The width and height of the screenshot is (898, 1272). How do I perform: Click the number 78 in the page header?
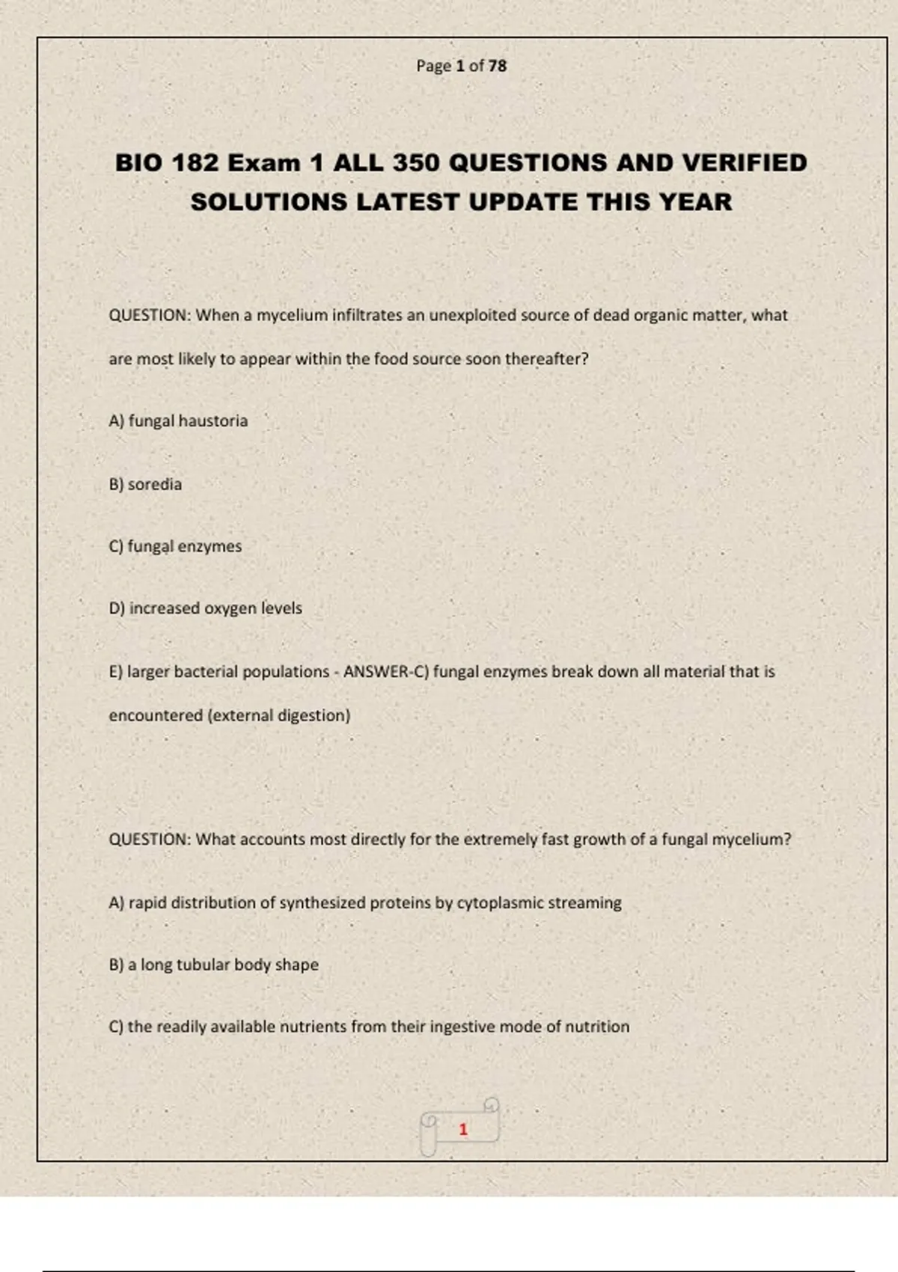point(498,66)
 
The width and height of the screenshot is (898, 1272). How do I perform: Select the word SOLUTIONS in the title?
point(269,202)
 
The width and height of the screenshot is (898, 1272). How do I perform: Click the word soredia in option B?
point(155,484)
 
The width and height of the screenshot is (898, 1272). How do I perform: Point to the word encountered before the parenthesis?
point(156,715)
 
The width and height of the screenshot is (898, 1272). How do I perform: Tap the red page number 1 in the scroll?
point(463,1129)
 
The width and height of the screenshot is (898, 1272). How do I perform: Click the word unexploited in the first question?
point(472,315)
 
